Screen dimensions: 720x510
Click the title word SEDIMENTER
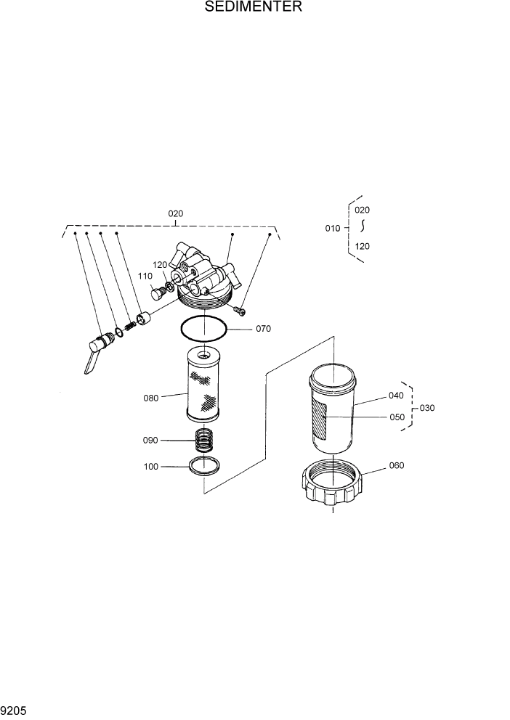click(x=254, y=7)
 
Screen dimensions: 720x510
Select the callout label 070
click(x=263, y=329)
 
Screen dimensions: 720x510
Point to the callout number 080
click(x=151, y=398)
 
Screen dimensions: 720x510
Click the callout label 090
click(x=150, y=440)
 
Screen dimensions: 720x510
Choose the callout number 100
click(x=150, y=467)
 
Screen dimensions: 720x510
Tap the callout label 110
click(x=145, y=277)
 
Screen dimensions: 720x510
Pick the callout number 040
click(x=396, y=396)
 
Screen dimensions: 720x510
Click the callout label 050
click(x=397, y=417)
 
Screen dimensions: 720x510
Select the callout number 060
click(x=397, y=465)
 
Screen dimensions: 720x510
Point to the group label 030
click(x=427, y=408)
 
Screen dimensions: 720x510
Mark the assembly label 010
click(x=332, y=228)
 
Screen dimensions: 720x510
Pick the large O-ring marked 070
click(x=204, y=329)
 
